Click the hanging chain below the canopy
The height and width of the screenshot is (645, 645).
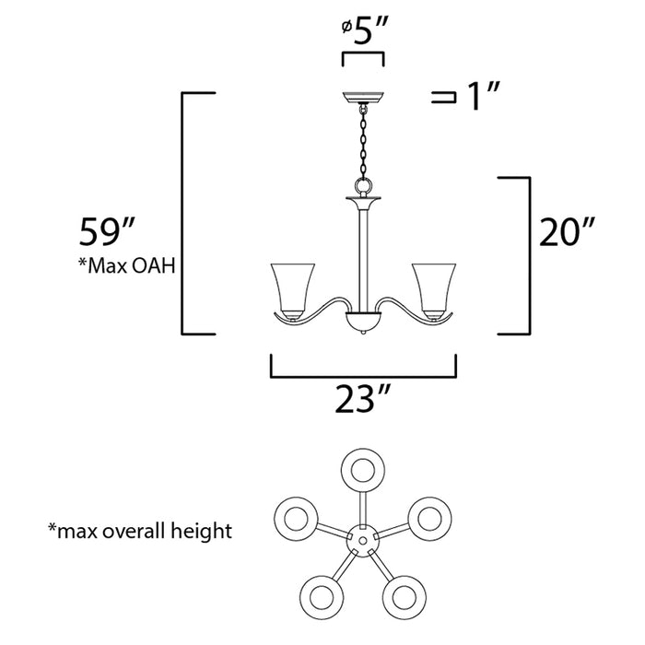(362, 143)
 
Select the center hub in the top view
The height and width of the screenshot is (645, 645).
(362, 536)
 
